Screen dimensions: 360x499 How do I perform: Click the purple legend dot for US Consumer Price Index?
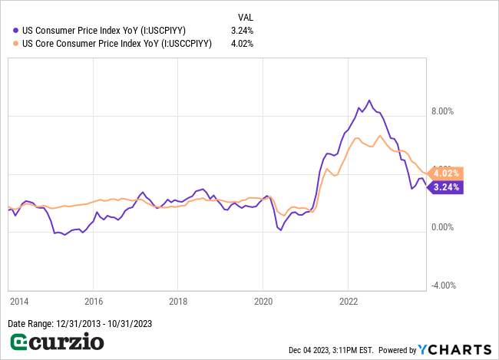[16, 30]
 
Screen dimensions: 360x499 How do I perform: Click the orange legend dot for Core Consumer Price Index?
[16, 43]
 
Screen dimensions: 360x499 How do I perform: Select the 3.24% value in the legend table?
[242, 30]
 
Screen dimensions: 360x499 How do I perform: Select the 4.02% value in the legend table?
[242, 43]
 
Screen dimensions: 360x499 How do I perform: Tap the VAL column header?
[245, 16]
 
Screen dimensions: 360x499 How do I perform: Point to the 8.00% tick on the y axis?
[442, 111]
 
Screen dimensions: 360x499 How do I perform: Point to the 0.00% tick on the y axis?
[442, 227]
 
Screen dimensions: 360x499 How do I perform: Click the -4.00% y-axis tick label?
[442, 286]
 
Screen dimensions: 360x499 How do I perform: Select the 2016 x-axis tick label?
[93, 302]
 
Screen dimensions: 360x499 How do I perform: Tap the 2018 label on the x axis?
[178, 302]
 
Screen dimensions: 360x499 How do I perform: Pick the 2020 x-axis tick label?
[263, 302]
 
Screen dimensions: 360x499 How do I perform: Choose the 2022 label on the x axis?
[349, 302]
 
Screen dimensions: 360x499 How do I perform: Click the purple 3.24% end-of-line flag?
[445, 187]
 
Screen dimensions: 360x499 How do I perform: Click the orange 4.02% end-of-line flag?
[445, 173]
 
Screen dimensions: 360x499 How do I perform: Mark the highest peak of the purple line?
[369, 101]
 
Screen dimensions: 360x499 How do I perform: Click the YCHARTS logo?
[454, 350]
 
